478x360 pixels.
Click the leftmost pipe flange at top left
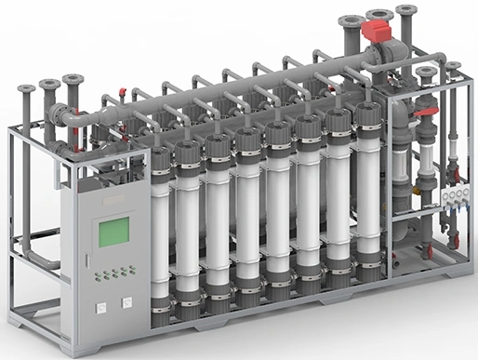pyautogui.click(x=26, y=89)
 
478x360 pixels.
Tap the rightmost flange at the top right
pyautogui.click(x=453, y=66)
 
